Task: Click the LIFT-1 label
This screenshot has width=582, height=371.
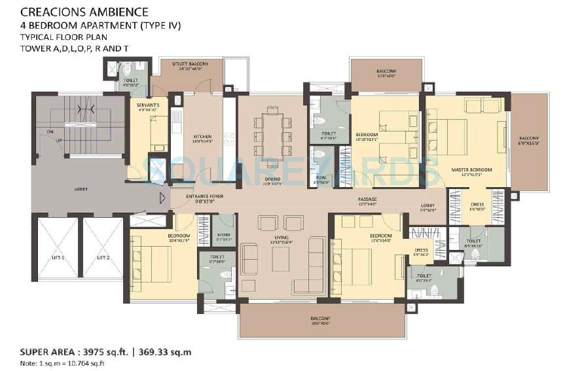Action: (58, 258)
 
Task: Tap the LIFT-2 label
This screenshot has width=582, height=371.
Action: (102, 258)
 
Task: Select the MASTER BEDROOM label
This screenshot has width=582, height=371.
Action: (471, 169)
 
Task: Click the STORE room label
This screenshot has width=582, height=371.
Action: (223, 236)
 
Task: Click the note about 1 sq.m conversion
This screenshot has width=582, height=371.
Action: (62, 362)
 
